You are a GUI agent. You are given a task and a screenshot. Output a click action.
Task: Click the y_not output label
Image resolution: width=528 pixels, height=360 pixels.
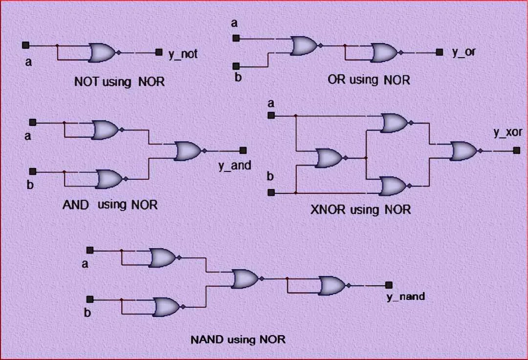[x=183, y=54]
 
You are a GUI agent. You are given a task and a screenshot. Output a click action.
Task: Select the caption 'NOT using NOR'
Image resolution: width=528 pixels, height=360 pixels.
[x=119, y=81]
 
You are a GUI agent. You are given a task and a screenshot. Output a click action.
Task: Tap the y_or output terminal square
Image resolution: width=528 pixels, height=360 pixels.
[x=440, y=52]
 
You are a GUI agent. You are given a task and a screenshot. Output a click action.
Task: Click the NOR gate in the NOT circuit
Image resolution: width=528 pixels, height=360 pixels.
[x=102, y=52]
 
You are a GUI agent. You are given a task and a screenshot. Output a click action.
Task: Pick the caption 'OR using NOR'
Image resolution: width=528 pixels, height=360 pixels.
[x=369, y=80]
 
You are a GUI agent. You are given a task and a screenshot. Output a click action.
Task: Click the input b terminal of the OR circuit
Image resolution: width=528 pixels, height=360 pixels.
[x=236, y=66]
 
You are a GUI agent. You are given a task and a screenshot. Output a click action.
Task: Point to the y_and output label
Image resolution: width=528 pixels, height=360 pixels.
[x=235, y=165]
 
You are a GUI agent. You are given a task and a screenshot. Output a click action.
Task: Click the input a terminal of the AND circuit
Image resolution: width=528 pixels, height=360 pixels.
[x=33, y=122]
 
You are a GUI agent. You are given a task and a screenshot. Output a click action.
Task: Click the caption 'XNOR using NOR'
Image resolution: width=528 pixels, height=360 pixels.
[x=360, y=210]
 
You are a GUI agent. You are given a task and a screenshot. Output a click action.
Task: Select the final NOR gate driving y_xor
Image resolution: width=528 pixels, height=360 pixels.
[x=464, y=151]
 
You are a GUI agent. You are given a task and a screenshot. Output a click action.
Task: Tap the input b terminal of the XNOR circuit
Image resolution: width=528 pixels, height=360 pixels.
[x=271, y=193]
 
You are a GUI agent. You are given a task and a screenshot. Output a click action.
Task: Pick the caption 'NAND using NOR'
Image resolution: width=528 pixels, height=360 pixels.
[x=238, y=339]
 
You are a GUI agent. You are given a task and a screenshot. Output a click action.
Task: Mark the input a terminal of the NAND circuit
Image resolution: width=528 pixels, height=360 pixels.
[x=90, y=250]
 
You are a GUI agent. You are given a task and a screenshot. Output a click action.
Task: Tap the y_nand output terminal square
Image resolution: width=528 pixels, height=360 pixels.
[x=389, y=285]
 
